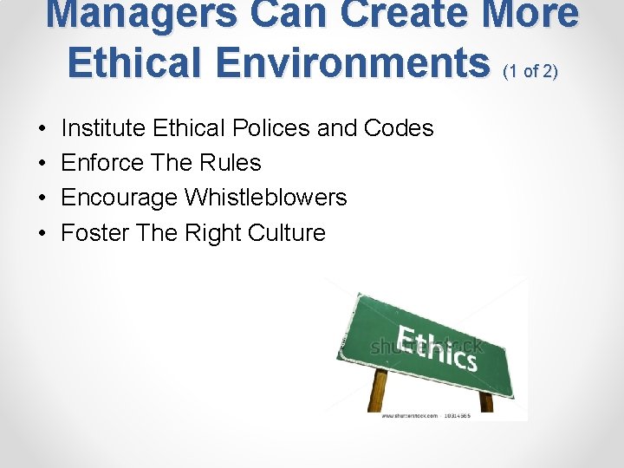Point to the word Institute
point(103,128)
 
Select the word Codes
point(399,128)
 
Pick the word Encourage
point(119,198)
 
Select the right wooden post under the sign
point(486,401)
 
